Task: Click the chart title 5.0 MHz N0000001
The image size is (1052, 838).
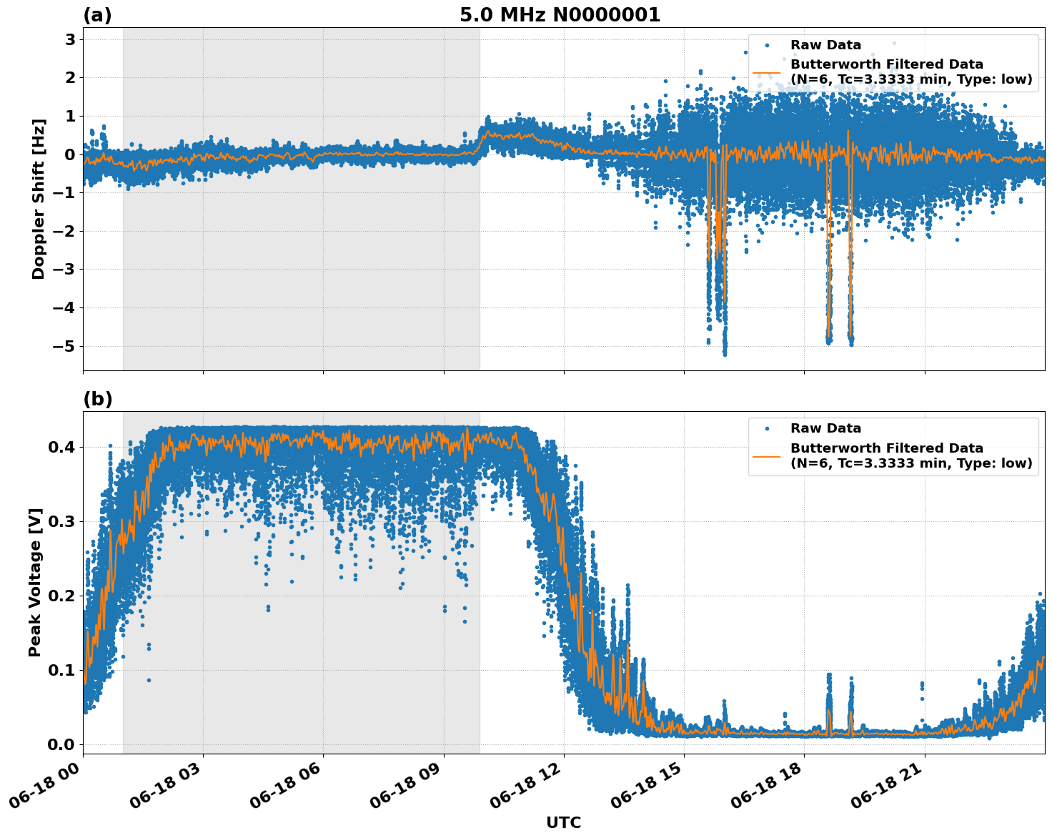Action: pos(560,15)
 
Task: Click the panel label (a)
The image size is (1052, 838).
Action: pos(97,15)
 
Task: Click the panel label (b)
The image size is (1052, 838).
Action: pos(97,399)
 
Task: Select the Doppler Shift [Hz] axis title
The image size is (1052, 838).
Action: pos(39,199)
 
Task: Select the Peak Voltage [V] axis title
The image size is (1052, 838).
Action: pos(35,582)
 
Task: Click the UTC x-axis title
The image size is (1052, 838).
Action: pos(563,822)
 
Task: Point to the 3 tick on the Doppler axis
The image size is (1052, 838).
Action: pos(70,39)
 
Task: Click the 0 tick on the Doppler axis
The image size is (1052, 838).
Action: pos(70,154)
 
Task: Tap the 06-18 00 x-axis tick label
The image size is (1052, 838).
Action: pos(50,787)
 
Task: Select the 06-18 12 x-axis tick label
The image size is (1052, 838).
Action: pos(531,787)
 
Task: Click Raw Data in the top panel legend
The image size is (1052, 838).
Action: pos(825,45)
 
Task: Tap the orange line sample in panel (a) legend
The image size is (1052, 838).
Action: pos(767,72)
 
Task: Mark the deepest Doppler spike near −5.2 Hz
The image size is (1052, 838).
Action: pos(725,353)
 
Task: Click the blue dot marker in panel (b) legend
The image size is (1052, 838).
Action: pos(767,428)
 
